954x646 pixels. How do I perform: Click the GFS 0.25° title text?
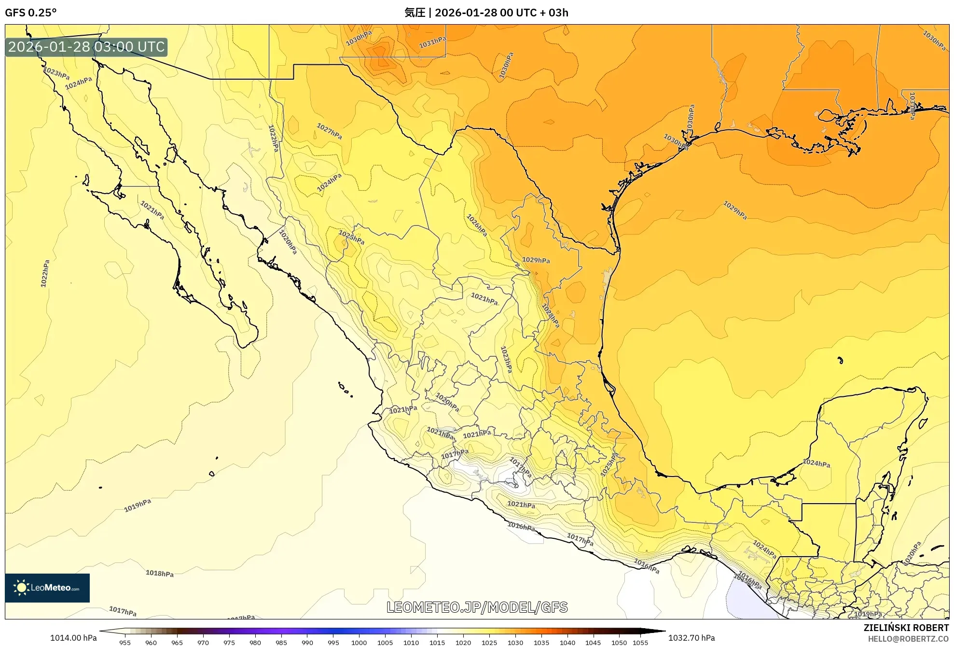point(30,13)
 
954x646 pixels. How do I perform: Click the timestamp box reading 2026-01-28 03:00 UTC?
point(86,47)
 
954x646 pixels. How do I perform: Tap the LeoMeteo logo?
point(47,588)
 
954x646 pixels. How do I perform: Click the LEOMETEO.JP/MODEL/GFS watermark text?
point(477,607)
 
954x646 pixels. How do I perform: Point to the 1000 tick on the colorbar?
point(359,643)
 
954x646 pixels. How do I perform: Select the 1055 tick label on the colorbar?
point(640,643)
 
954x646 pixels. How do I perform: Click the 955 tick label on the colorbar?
point(125,643)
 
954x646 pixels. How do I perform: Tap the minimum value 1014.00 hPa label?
point(73,638)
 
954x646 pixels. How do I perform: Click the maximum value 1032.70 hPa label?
point(691,638)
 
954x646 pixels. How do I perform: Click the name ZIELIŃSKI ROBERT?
point(906,628)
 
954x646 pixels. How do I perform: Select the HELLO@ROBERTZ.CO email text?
point(908,639)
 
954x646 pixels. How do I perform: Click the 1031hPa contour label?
point(432,42)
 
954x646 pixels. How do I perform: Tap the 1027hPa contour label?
point(329,131)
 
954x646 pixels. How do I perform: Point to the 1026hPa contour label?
point(477,225)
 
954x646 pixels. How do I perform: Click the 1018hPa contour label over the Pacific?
point(160,573)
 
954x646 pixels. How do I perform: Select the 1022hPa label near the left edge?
point(45,274)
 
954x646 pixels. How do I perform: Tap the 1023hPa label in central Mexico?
point(506,359)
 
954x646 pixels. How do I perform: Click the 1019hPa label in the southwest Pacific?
point(138,505)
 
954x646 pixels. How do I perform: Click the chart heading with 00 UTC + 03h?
point(486,13)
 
